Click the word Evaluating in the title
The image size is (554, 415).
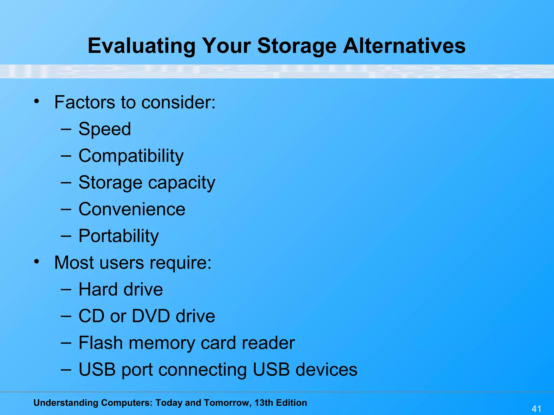pyautogui.click(x=141, y=46)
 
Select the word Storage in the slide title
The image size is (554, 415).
pyautogui.click(x=297, y=46)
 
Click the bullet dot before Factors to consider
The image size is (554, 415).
pyautogui.click(x=37, y=102)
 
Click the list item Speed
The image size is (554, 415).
pyautogui.click(x=105, y=129)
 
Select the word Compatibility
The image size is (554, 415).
pyautogui.click(x=131, y=156)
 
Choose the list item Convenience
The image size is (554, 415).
pyautogui.click(x=132, y=209)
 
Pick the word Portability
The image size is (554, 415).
pyautogui.click(x=118, y=236)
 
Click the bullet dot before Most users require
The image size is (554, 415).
pyautogui.click(x=37, y=262)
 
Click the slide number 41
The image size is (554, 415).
pyautogui.click(x=536, y=409)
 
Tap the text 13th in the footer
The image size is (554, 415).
pyautogui.click(x=264, y=403)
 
